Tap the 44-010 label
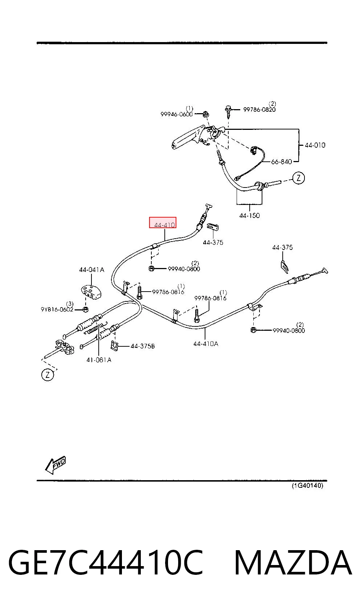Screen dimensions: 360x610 pos(315,145)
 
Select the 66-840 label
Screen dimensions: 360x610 pos(282,162)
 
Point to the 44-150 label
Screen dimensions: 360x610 pos(249,215)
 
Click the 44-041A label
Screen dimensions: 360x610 pos(91,269)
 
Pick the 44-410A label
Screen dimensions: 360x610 pos(206,344)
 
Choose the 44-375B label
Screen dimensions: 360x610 pos(143,346)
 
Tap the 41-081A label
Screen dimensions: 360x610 pos(99,360)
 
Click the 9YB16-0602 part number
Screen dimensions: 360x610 pos(57,309)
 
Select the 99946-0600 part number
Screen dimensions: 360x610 pos(177,114)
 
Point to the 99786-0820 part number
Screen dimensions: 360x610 pos(259,110)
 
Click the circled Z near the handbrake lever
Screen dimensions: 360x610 pos(299,178)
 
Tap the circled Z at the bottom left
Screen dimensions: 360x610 pos(48,375)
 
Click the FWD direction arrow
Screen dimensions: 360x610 pos(56,465)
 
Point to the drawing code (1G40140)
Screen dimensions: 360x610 pos(307,485)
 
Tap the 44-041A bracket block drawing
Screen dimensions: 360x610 pos(91,292)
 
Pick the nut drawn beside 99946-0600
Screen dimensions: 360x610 pos(206,114)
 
